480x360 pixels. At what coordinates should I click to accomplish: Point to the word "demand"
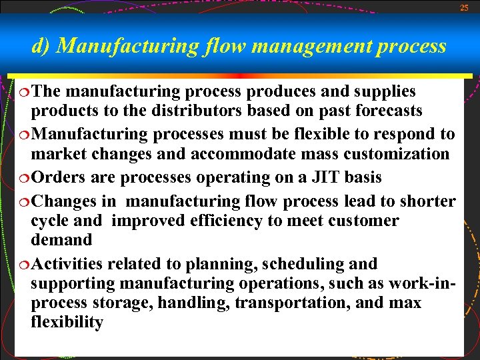pos(61,240)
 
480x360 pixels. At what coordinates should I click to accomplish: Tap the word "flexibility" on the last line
pos(67,323)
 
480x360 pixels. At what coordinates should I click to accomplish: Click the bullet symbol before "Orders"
pos(23,178)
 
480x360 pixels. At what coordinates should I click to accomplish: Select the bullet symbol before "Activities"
pos(23,265)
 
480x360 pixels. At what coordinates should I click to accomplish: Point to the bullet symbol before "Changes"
pos(23,201)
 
